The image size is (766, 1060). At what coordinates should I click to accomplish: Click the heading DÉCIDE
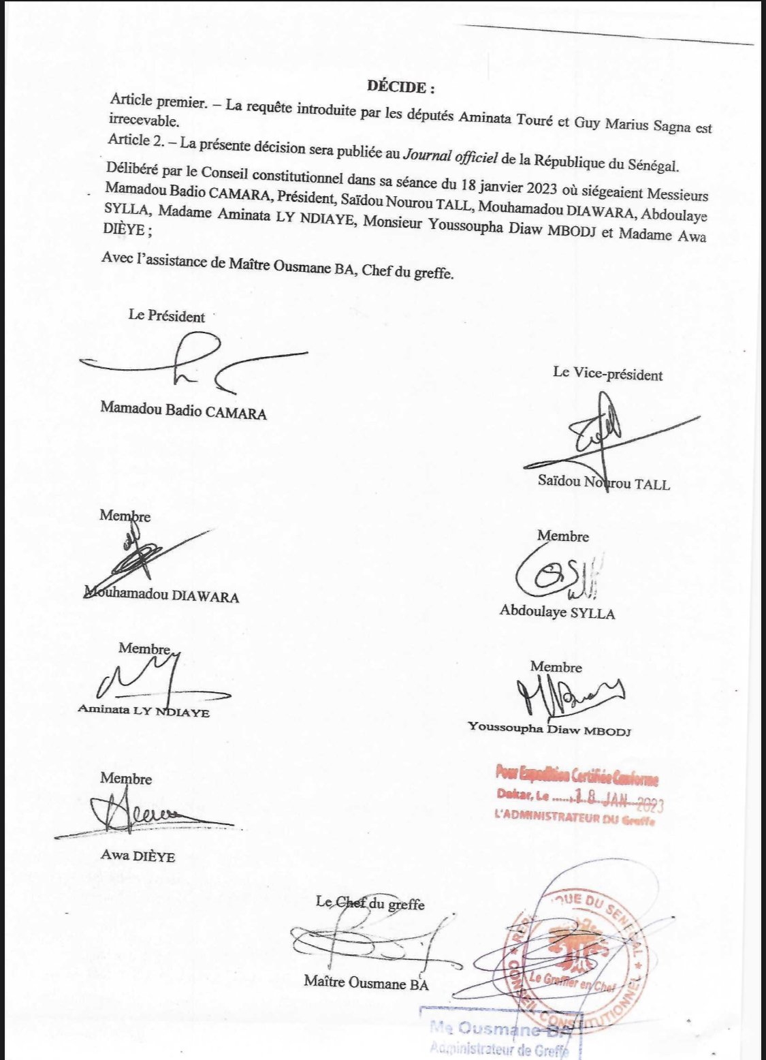point(400,87)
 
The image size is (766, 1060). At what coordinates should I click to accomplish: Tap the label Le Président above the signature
point(166,316)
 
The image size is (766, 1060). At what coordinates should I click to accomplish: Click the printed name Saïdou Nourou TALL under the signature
point(603,483)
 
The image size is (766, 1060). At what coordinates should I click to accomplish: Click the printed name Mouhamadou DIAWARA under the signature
point(162,595)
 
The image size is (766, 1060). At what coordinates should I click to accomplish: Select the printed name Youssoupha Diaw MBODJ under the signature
point(549,728)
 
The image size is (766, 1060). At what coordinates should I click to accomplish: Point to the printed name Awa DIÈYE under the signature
point(138,856)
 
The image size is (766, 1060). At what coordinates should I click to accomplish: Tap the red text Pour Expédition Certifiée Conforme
point(577,775)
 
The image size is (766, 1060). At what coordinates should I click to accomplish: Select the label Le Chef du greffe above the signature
point(370,903)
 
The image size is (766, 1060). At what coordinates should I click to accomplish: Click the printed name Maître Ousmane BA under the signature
point(366,982)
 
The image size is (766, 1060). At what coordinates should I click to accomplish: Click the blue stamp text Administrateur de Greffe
point(498,1048)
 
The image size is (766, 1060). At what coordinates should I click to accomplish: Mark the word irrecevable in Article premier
point(144,122)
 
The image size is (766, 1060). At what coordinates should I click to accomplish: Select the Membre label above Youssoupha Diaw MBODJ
point(556,667)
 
